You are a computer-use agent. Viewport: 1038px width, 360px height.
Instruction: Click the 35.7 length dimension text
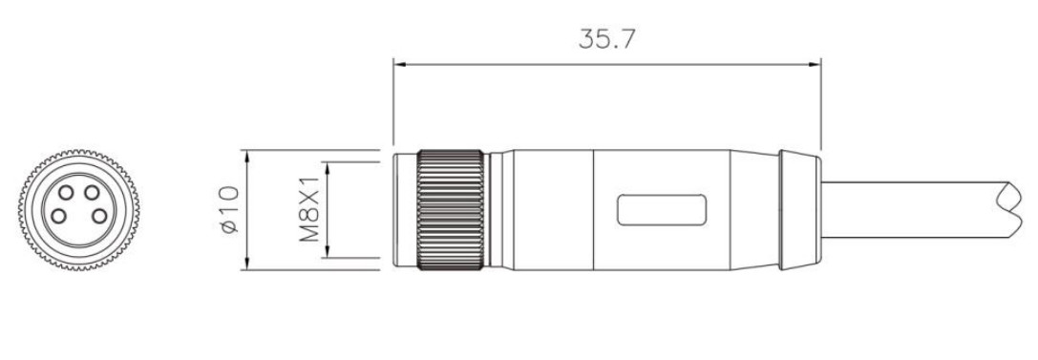(x=606, y=39)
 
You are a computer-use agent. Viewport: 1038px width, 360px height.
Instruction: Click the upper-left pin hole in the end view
(x=66, y=193)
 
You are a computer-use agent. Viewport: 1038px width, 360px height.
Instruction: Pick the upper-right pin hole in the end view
(x=92, y=193)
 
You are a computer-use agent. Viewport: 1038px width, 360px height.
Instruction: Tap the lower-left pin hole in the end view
(x=59, y=216)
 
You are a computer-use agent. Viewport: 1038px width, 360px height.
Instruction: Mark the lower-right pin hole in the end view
(x=99, y=216)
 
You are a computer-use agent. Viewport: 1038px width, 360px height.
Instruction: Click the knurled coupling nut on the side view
(x=450, y=210)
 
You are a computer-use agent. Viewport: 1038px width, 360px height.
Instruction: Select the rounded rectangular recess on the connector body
(x=662, y=210)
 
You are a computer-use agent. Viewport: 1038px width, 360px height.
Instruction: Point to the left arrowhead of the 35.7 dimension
(x=399, y=65)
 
